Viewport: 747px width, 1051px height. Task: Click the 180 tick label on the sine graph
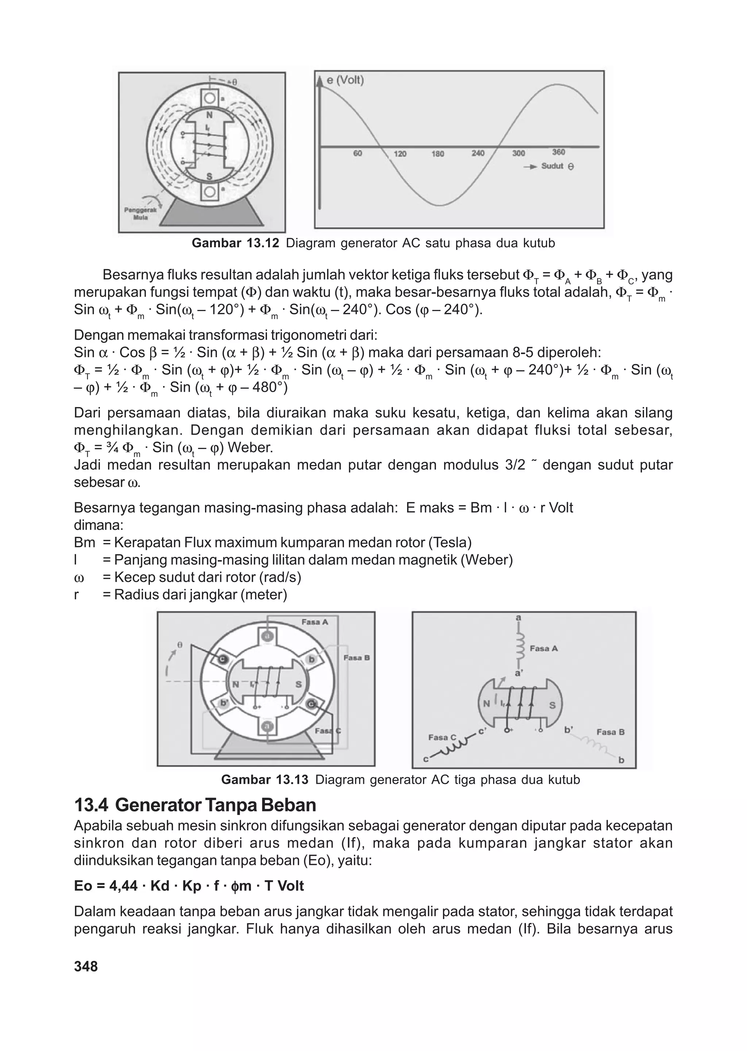pos(437,154)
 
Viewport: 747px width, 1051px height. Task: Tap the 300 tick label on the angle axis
pos(518,154)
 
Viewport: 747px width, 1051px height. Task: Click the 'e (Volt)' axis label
pos(345,81)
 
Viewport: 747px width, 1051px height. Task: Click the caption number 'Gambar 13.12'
pos(235,243)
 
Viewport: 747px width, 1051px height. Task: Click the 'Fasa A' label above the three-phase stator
pos(315,622)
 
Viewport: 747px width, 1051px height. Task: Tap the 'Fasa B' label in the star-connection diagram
pos(610,732)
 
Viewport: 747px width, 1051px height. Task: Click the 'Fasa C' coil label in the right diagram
pos(442,737)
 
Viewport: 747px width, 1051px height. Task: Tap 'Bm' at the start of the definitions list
pos(84,543)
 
